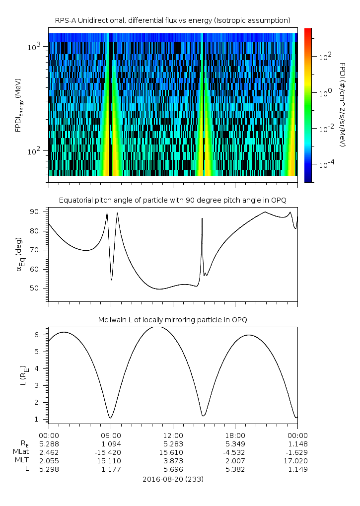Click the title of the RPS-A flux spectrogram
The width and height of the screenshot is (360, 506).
click(173, 20)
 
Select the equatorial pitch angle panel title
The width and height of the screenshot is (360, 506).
click(173, 200)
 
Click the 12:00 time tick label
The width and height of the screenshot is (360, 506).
click(173, 434)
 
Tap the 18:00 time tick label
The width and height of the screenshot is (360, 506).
click(235, 434)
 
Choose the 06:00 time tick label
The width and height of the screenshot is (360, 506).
click(111, 434)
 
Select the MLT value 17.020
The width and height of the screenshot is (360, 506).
click(297, 461)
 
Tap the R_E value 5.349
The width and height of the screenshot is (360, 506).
click(235, 443)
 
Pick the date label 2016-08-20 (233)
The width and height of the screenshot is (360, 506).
click(173, 480)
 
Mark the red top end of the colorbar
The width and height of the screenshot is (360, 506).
click(308, 30)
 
